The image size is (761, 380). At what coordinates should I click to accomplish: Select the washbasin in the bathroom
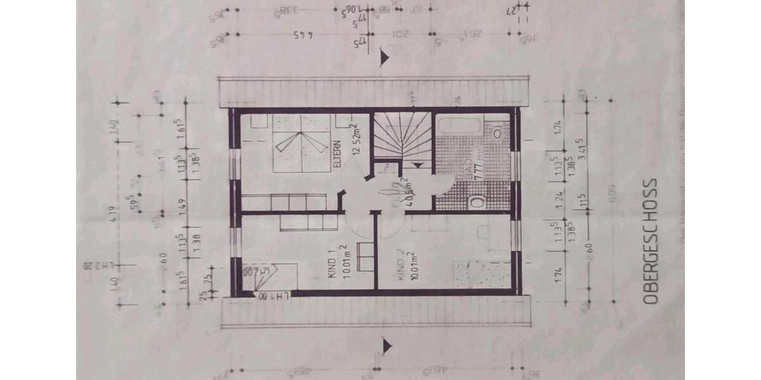click(x=497, y=134)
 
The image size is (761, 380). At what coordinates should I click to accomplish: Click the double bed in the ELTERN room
click(x=301, y=145)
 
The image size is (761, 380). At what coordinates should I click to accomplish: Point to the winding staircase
click(x=401, y=136)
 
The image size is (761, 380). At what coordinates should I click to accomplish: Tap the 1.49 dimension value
click(x=182, y=205)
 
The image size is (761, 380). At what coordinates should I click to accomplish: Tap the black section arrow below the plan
click(x=386, y=346)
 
